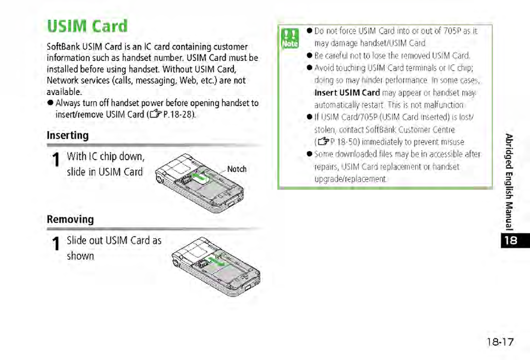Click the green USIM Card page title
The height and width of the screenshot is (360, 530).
coord(87,27)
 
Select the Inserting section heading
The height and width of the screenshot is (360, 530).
coord(67,136)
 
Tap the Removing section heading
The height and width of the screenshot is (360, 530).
coord(70,219)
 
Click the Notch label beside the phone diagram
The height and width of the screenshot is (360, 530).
coord(237,169)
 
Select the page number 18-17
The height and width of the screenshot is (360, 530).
coord(500,342)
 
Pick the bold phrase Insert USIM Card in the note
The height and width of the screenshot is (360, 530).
coord(347,93)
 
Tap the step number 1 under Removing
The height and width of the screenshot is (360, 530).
coord(56,245)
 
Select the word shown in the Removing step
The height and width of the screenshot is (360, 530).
coord(81,256)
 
